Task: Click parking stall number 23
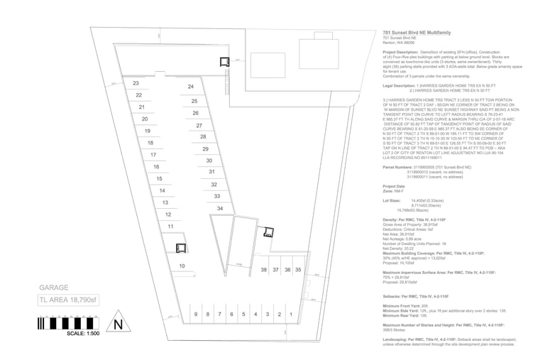[136, 83]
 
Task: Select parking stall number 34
[220, 208]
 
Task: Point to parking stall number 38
[263, 270]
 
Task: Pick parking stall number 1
[291, 314]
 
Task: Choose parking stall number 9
[196, 314]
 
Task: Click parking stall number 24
[191, 87]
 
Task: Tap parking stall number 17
[153, 155]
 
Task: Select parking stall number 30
[209, 161]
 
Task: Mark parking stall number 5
[243, 314]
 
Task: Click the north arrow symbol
[119, 324]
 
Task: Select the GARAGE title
[53, 288]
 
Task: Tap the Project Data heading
[394, 186]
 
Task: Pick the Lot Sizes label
[392, 201]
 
